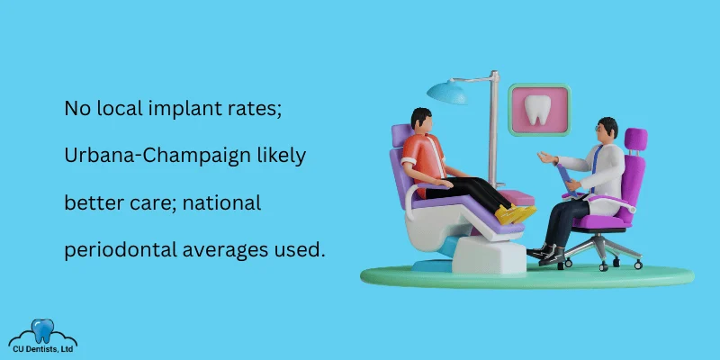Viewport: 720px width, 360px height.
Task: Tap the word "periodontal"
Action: tap(121, 250)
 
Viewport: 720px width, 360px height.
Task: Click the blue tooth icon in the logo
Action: tap(42, 330)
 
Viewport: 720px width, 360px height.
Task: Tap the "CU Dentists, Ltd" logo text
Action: tap(42, 349)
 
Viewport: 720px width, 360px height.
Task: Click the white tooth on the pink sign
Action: tap(537, 110)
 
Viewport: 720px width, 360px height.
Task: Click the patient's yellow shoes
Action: tap(516, 214)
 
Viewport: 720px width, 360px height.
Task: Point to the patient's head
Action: tap(420, 120)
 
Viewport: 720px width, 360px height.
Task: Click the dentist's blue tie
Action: tap(596, 166)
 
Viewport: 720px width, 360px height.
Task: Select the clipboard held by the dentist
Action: tap(566, 180)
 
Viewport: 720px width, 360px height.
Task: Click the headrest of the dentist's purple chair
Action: tap(636, 139)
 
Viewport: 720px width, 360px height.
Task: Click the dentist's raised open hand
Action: tap(547, 157)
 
